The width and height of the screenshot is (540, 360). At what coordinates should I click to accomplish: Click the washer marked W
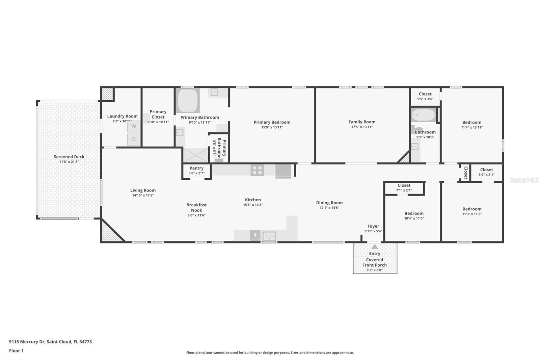tap(134, 127)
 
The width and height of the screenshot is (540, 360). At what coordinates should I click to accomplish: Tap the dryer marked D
tap(134, 139)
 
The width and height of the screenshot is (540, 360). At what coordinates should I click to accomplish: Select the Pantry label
tap(196, 168)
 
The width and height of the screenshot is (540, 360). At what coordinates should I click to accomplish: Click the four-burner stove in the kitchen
tap(257, 170)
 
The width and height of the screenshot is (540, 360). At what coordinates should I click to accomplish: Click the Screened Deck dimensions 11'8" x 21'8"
tap(69, 162)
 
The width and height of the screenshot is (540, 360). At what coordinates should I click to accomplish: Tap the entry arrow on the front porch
tap(375, 247)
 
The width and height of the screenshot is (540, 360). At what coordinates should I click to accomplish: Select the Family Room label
tap(362, 122)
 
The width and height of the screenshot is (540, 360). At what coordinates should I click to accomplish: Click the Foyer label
tap(373, 226)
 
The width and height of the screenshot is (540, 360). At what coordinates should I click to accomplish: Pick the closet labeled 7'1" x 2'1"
tap(404, 188)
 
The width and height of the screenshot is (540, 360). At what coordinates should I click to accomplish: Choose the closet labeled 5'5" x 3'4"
tap(425, 97)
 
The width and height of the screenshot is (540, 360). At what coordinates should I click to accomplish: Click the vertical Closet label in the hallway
tap(465, 173)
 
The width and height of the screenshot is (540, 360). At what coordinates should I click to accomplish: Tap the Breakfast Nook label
tap(196, 207)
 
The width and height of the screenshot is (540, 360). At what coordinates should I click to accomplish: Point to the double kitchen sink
tap(269, 236)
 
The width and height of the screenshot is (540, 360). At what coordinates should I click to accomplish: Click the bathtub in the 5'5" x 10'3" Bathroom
tap(423, 115)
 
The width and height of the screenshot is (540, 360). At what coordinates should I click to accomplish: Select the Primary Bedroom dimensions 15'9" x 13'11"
tap(272, 127)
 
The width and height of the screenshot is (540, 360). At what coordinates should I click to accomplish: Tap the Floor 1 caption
tap(16, 351)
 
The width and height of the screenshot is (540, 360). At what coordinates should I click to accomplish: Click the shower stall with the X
tap(195, 155)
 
